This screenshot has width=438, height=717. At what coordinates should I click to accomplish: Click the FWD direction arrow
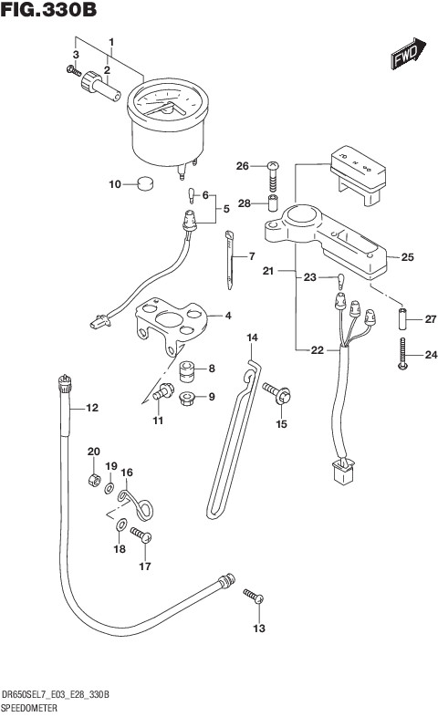(408, 53)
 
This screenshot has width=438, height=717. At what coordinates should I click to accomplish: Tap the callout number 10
(115, 184)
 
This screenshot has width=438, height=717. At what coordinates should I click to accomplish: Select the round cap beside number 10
(145, 183)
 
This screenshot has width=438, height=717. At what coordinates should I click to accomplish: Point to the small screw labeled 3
(74, 71)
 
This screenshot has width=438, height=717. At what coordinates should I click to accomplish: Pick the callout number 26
(243, 166)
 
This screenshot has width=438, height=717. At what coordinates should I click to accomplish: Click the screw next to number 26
(273, 176)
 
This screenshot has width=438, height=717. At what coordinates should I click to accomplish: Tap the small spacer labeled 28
(273, 203)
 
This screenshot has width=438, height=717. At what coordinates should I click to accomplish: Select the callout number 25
(407, 257)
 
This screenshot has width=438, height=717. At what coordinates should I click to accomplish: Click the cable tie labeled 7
(230, 260)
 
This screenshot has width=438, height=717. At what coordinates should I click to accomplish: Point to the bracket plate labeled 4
(172, 324)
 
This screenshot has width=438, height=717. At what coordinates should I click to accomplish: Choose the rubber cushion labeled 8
(186, 370)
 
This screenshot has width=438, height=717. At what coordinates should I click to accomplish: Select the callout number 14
(252, 338)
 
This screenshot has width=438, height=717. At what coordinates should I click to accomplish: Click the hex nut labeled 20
(94, 480)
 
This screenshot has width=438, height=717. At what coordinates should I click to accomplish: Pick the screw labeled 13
(254, 596)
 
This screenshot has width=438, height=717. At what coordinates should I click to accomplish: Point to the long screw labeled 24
(402, 353)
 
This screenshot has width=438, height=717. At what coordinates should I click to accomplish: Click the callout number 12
(92, 408)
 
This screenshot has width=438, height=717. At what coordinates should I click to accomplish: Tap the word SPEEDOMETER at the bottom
(29, 708)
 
